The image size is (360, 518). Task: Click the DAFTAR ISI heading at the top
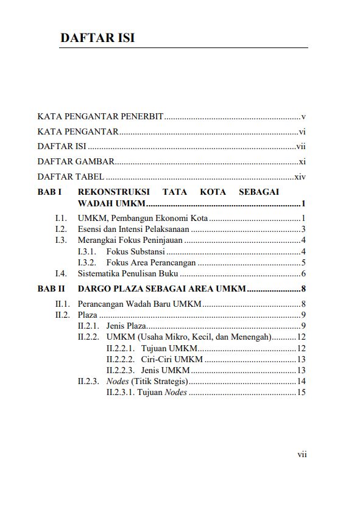[x=97, y=38]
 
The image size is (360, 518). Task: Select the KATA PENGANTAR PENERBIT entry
[x=100, y=116]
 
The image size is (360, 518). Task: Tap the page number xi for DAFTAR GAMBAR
[x=302, y=162]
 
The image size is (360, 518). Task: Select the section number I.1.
[x=60, y=218]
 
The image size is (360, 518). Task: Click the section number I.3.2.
[x=88, y=263]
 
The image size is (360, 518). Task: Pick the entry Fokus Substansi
[x=135, y=251]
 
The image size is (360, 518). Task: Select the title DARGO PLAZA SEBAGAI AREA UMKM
[x=162, y=289]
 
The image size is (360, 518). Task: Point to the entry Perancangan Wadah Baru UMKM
[x=139, y=304]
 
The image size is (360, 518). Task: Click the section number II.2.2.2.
[x=120, y=359]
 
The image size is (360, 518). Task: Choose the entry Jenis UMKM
[x=165, y=370]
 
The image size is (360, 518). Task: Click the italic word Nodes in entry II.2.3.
[x=118, y=382]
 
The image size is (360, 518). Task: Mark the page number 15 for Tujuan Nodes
[x=300, y=393]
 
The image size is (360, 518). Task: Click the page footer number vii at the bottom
[x=301, y=454]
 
